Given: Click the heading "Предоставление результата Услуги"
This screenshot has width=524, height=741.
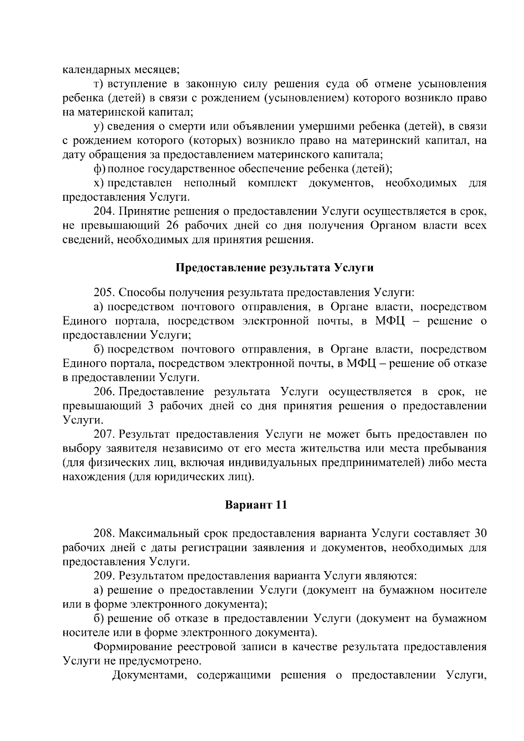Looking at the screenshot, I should point(274,268).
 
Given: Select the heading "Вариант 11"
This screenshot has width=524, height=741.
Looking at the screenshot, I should point(256,505).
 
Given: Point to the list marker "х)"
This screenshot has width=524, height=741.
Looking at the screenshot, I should point(100,183).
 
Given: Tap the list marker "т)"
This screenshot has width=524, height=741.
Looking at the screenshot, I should point(99,84).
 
